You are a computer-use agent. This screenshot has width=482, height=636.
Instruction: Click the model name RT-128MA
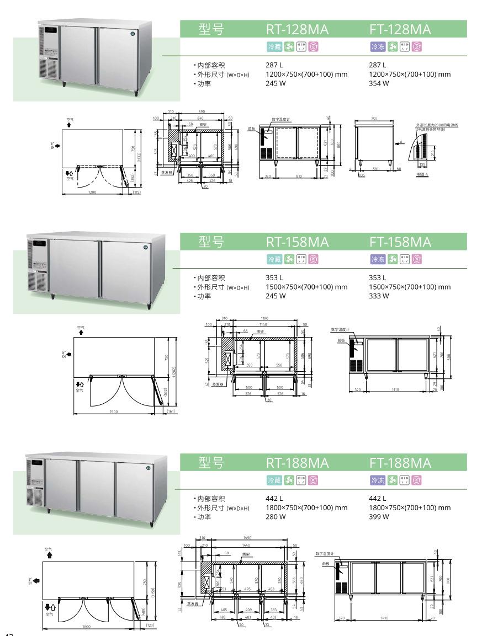coord(297,29)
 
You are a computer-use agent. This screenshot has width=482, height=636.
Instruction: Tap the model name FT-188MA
coord(400,462)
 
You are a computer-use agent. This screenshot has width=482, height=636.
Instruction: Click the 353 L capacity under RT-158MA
coord(274,277)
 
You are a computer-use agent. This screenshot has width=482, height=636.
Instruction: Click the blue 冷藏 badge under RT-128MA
coord(274,47)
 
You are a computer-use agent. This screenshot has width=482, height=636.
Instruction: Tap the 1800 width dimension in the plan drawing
coord(87,627)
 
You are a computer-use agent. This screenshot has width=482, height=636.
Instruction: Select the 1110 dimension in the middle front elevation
coord(394,389)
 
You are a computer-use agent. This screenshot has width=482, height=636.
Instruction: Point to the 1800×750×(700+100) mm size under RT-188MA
coord(306,507)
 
